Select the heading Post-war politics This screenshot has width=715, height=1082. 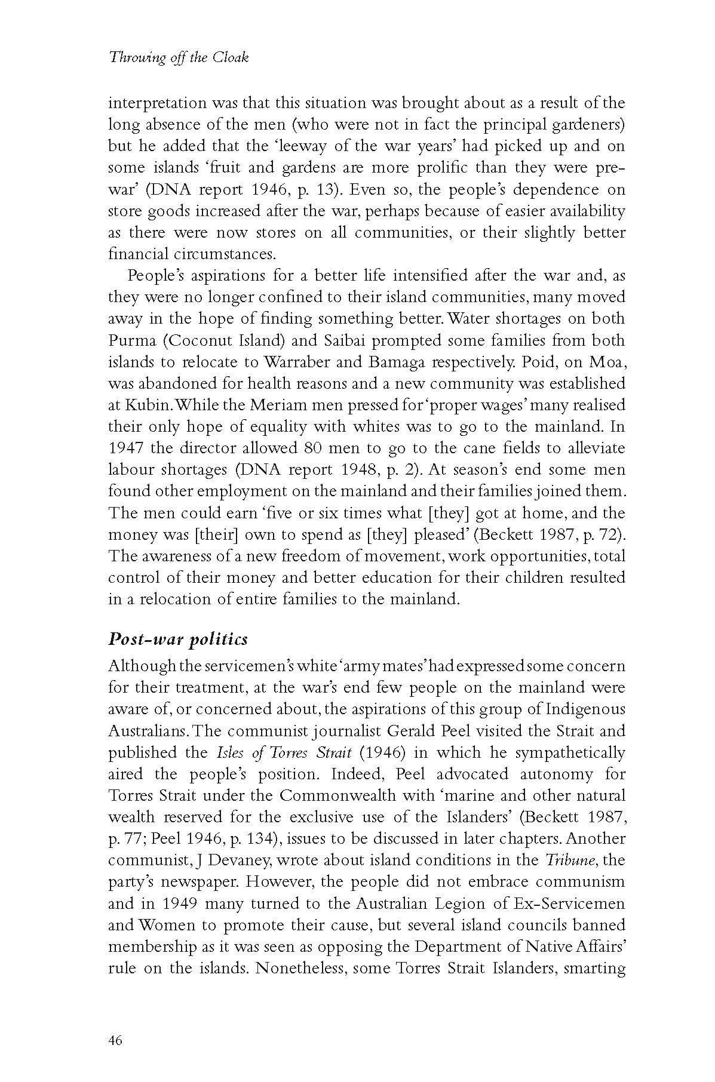pos(178,639)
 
